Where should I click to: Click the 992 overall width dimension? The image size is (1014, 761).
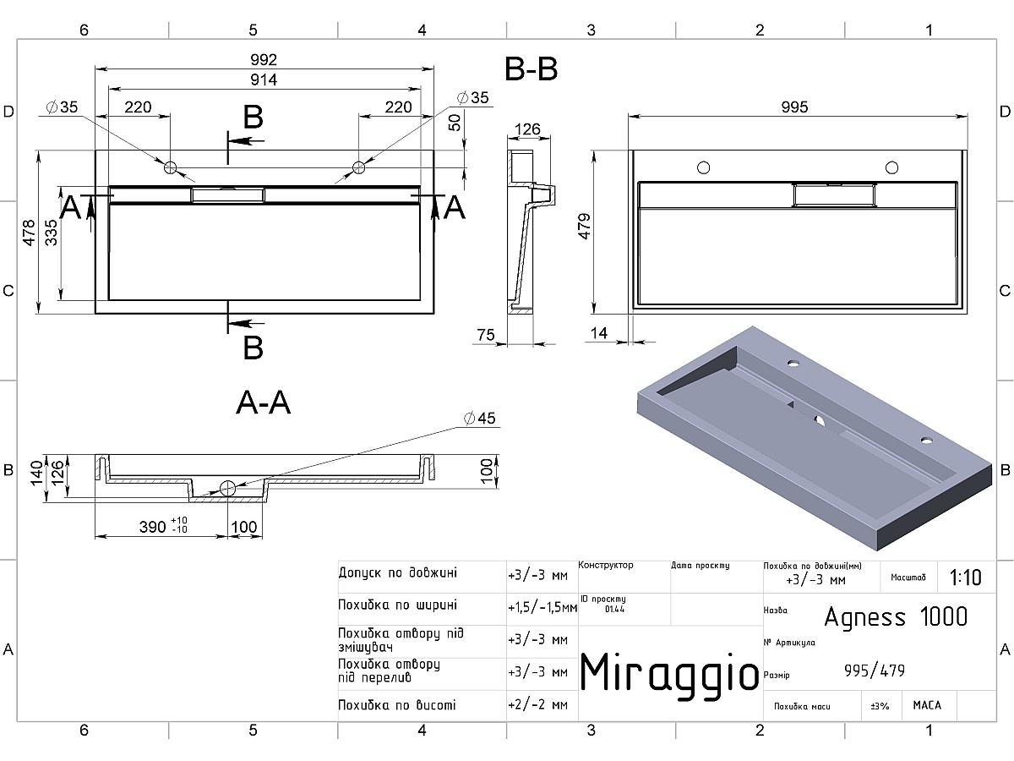tap(264, 60)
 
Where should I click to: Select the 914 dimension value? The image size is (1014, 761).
tap(264, 79)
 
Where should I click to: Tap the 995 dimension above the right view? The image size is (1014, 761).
tap(794, 107)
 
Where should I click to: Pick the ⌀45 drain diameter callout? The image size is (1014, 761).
tap(479, 419)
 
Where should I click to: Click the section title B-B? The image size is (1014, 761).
tap(531, 69)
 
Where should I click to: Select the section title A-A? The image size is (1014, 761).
tap(263, 403)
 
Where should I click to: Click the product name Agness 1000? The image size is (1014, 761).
tap(896, 616)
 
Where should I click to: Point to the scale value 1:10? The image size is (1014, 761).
tap(965, 578)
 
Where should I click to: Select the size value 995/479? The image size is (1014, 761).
tap(875, 671)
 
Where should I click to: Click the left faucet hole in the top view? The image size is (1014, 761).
tap(171, 167)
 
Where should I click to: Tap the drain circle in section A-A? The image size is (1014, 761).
tap(226, 488)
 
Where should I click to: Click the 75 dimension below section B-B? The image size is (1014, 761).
tap(485, 336)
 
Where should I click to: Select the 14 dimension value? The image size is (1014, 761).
tap(598, 334)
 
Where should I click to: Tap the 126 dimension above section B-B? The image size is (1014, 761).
tap(527, 129)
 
